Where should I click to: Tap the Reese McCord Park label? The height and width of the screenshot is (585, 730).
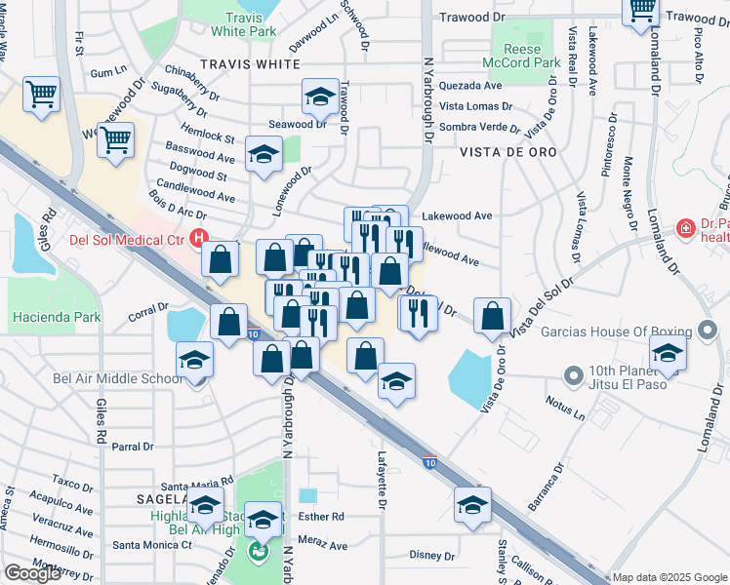coord(533,56)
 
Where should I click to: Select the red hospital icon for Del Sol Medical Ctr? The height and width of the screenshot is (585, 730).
coord(200,237)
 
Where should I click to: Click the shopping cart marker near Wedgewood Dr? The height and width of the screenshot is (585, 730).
coord(115,140)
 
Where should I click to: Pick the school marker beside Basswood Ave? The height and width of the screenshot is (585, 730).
coord(264,156)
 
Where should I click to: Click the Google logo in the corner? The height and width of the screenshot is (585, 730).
coord(32,572)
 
